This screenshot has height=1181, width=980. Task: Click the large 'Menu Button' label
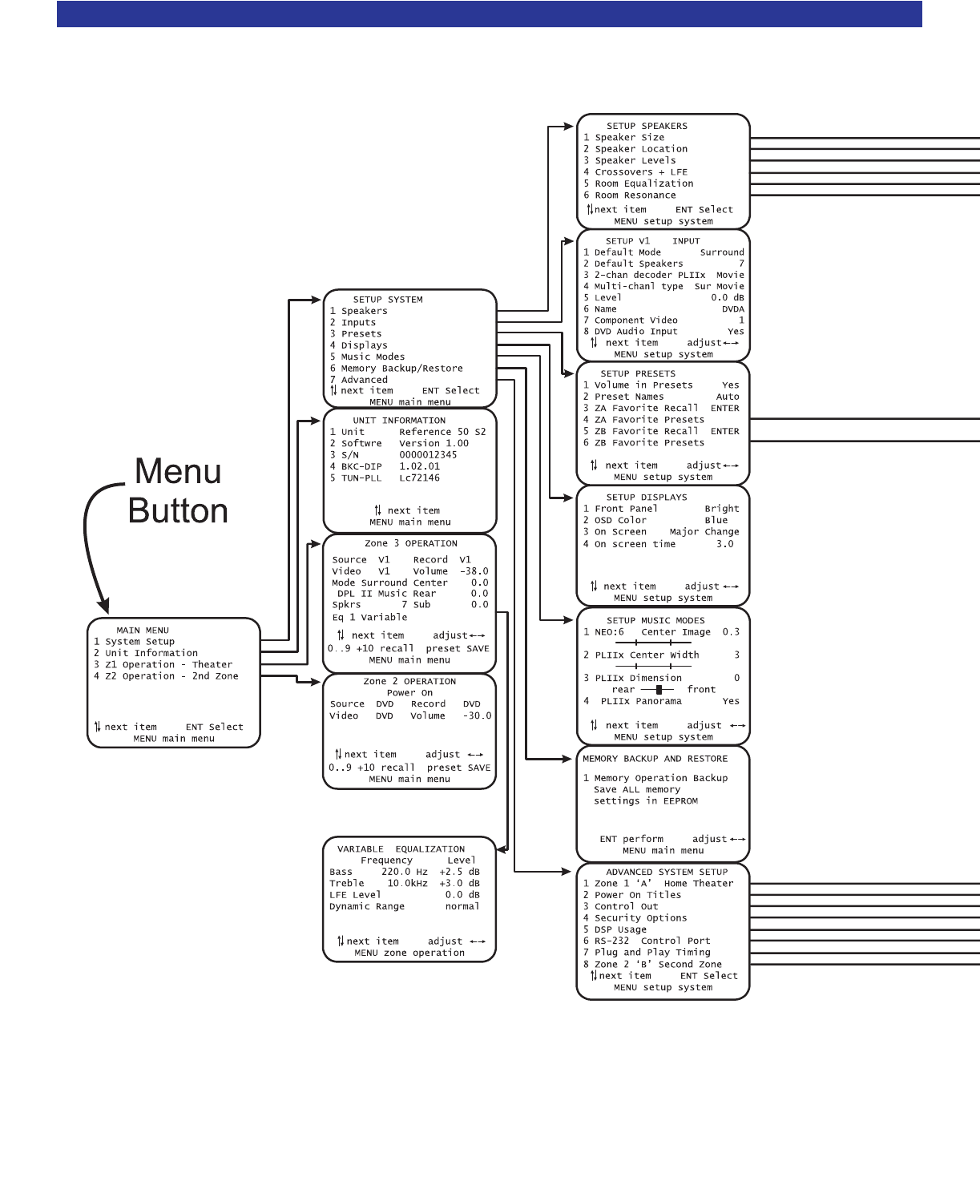[x=178, y=490]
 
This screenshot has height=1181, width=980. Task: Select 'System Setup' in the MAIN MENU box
[x=139, y=642]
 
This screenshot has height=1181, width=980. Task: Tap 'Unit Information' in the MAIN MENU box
[x=151, y=653]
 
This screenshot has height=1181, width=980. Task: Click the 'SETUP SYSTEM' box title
[x=388, y=300]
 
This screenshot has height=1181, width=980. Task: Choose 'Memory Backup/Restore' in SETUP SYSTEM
[x=401, y=369]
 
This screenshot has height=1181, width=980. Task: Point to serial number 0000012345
[x=428, y=455]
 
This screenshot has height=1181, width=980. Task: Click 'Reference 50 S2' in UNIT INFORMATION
[x=442, y=432]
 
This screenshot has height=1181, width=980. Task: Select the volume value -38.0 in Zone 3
[x=474, y=571]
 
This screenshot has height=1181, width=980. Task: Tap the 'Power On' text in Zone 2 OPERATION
[x=409, y=693]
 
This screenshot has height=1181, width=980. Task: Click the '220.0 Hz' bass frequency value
[x=404, y=872]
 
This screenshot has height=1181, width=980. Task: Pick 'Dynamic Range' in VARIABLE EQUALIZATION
[x=367, y=906]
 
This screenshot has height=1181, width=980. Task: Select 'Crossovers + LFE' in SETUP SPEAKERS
[x=641, y=172]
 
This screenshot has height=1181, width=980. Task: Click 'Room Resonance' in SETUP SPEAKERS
[x=635, y=195]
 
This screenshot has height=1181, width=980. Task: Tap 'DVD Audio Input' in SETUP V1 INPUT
[x=635, y=332]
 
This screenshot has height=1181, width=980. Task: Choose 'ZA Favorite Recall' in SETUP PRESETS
[x=646, y=409]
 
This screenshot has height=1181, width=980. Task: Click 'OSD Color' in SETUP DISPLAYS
[x=620, y=521]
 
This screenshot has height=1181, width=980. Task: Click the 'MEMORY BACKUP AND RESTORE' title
[x=655, y=759]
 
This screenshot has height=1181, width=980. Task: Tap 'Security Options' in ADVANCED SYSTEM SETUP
[x=640, y=918]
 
